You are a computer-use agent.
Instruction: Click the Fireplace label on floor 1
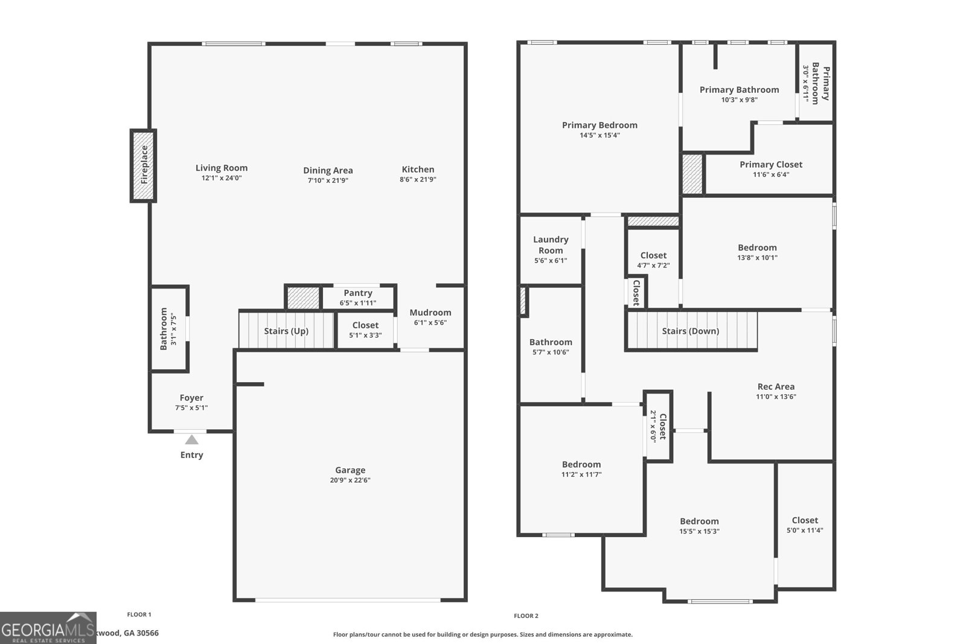click(144, 165)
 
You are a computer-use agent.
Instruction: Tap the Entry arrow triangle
click(191, 440)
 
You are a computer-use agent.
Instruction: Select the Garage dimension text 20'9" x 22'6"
click(350, 480)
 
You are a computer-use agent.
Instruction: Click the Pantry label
click(358, 293)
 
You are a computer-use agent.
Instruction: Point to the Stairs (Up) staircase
click(286, 331)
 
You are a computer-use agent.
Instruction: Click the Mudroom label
click(430, 312)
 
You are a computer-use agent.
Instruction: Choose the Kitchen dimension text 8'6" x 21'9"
click(418, 179)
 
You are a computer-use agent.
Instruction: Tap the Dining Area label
click(328, 170)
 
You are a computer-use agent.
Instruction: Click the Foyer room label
click(191, 398)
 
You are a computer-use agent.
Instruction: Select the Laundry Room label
click(551, 244)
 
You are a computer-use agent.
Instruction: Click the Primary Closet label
click(771, 164)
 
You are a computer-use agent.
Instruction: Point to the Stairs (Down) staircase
click(691, 331)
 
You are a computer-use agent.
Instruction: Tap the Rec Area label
click(776, 386)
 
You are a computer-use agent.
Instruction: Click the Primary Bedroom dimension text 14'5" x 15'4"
click(600, 135)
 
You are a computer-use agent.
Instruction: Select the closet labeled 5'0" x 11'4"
click(805, 525)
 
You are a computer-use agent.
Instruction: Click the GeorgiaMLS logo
click(48, 628)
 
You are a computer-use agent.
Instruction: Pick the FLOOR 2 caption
click(526, 616)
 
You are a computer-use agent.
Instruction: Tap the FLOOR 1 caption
click(139, 614)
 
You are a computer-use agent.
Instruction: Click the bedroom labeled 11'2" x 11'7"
click(581, 469)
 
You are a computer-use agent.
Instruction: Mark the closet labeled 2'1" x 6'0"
click(658, 427)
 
